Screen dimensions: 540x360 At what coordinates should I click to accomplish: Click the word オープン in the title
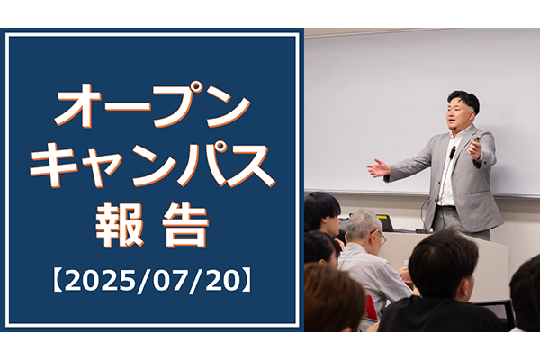pos(152,105)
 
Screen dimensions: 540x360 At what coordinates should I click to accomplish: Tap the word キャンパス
pos(152,166)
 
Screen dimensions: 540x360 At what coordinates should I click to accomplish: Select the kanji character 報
pos(119,225)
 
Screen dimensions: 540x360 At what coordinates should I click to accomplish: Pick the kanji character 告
pos(185,225)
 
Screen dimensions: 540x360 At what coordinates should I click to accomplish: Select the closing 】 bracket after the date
pos(248,282)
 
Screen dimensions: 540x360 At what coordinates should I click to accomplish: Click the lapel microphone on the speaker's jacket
pos(452,152)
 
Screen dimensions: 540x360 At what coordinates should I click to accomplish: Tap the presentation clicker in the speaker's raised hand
pos(477,139)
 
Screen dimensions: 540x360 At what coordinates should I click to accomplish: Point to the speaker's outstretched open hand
pos(378,168)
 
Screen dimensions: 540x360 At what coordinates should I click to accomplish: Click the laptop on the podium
pos(385,223)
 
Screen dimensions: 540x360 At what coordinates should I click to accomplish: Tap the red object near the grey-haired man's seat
pos(370,307)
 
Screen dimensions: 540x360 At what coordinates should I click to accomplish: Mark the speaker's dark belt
pos(446,206)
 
